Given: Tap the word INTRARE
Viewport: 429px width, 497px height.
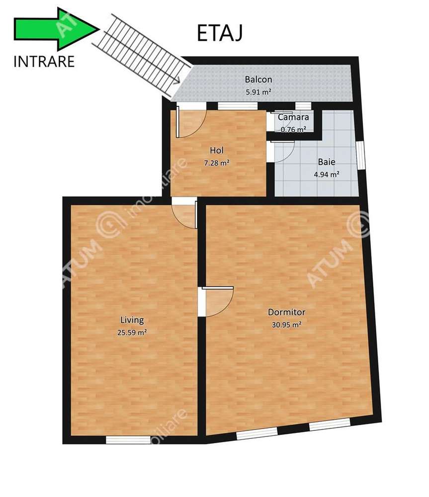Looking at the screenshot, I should (44, 62).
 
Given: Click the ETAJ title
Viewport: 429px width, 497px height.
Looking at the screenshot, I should (219, 33).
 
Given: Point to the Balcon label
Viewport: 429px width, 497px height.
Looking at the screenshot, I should (258, 79).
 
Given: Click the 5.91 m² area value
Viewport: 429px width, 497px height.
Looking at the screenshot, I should (258, 92).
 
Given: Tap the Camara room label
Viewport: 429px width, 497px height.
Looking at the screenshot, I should (293, 118).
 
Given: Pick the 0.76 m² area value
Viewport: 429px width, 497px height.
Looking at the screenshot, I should (293, 129).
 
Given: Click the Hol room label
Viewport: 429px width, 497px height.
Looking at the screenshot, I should (216, 150).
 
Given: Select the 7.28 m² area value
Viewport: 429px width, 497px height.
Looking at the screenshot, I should (216, 163).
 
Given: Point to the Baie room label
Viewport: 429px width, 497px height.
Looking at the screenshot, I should (326, 162).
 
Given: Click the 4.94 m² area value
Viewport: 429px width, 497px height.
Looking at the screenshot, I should (326, 174).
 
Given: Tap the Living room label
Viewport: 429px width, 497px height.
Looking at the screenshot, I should (132, 320).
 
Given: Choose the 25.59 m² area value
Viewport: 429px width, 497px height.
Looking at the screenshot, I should (132, 333).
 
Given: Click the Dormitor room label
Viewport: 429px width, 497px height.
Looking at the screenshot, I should (286, 312).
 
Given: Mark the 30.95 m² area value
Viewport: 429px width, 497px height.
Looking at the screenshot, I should (286, 325).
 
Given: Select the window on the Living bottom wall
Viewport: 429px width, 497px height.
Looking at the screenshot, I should (128, 439).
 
